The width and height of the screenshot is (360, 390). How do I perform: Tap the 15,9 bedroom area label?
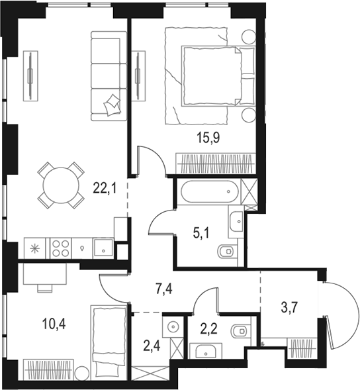point(208,138)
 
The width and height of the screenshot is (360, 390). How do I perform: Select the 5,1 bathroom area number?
point(201,234)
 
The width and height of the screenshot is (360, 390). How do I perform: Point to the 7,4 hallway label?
point(163,289)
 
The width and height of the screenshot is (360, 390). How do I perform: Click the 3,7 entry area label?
point(290,308)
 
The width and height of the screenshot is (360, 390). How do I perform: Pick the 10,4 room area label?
point(54,324)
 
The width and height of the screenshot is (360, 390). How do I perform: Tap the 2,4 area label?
point(152,346)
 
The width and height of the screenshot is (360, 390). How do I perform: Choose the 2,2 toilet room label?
point(209,329)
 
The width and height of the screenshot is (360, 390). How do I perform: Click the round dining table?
point(61,185)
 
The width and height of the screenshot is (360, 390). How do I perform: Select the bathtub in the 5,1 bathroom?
point(209,192)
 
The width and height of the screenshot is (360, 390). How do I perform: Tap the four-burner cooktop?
point(61,248)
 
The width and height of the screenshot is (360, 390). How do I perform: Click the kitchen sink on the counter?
point(103,248)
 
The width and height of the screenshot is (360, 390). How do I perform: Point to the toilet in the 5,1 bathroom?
point(227,251)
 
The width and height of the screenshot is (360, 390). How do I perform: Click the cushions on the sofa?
point(112,105)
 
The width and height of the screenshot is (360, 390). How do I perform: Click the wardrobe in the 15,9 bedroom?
point(216,164)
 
